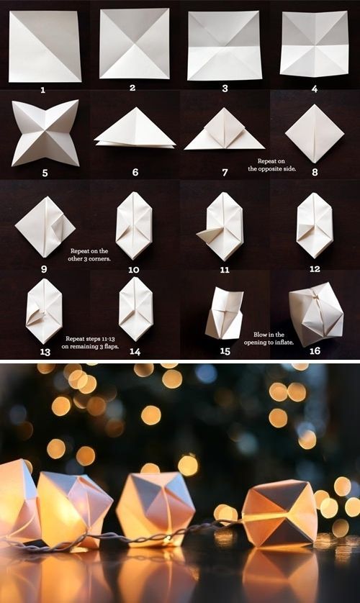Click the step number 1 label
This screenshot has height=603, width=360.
click(43, 90)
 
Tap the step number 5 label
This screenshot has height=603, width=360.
click(44, 173)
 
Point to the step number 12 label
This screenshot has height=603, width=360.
click(314, 268)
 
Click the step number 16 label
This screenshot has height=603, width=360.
click(315, 350)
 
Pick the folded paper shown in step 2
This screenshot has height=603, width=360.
click(134, 43)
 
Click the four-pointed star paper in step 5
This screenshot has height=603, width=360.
click(45, 132)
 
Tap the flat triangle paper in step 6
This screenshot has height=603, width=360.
click(135, 131)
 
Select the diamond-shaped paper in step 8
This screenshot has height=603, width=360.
click(314, 133)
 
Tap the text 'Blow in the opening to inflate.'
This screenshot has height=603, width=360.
click(271, 338)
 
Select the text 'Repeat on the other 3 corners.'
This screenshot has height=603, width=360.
click(90, 255)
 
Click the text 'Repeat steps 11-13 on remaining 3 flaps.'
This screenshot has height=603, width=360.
click(90, 341)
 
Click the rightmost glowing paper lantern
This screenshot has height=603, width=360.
click(279, 512)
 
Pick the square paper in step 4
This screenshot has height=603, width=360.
click(314, 44)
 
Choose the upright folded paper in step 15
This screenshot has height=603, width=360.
click(225, 314)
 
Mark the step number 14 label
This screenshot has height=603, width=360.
click(134, 350)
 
